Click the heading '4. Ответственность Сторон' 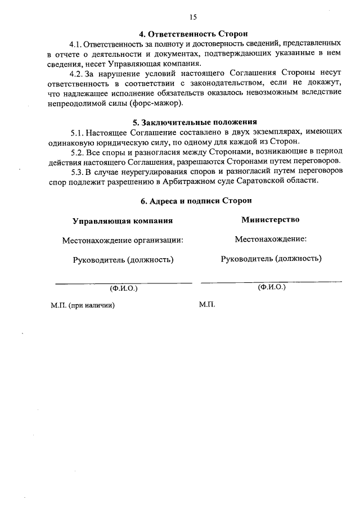click(x=194, y=34)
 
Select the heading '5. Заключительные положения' click(x=194, y=122)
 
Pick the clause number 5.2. click(x=77, y=152)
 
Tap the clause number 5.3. click(x=77, y=172)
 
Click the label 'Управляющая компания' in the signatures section click(x=123, y=220)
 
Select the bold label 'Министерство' click(x=270, y=219)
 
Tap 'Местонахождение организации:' click(x=123, y=240)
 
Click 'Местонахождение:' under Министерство click(x=271, y=239)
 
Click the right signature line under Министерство click(x=271, y=281)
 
